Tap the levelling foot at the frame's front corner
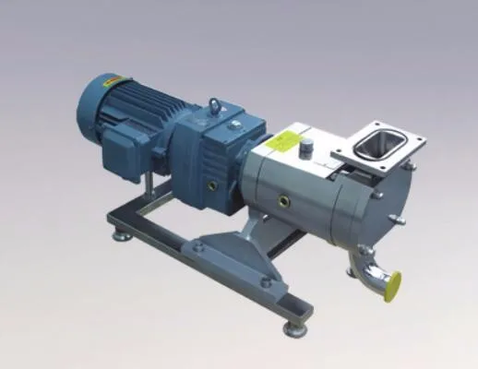293,323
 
